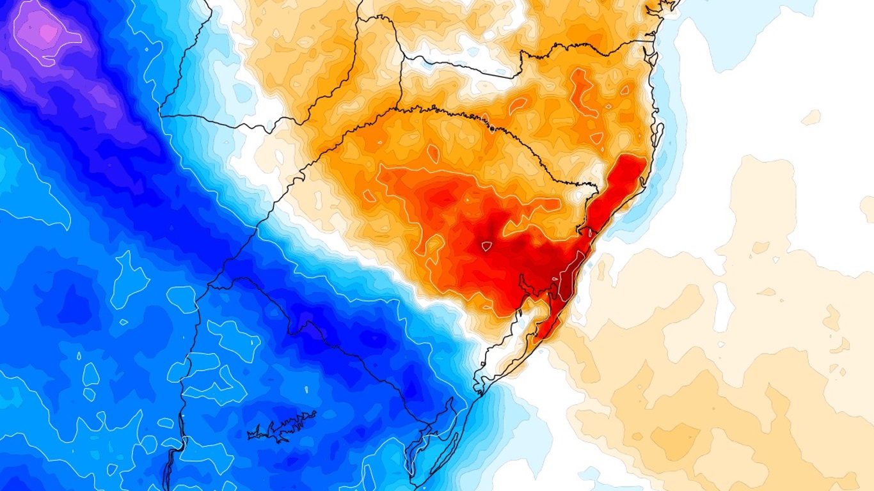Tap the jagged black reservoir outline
pos(282,428)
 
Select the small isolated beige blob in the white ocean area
pos(811,118)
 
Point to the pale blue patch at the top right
pos(755,32)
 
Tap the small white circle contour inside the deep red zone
pos(487,246)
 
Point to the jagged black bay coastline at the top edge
pos(662,8)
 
